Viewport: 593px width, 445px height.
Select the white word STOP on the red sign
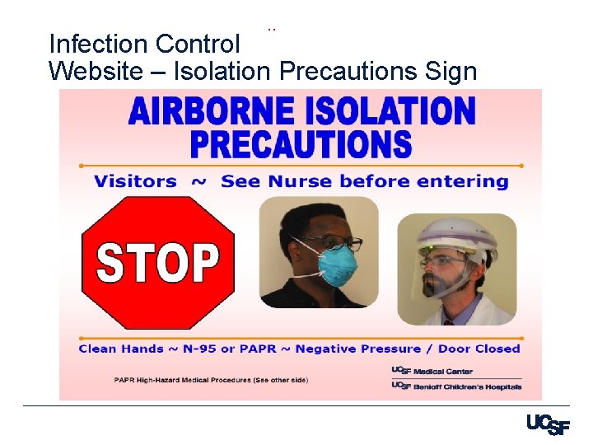coord(157,262)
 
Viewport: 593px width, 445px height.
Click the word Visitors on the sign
coord(135,181)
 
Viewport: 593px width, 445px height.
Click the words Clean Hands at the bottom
coord(121,349)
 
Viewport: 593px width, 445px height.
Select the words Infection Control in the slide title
coord(144,43)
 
